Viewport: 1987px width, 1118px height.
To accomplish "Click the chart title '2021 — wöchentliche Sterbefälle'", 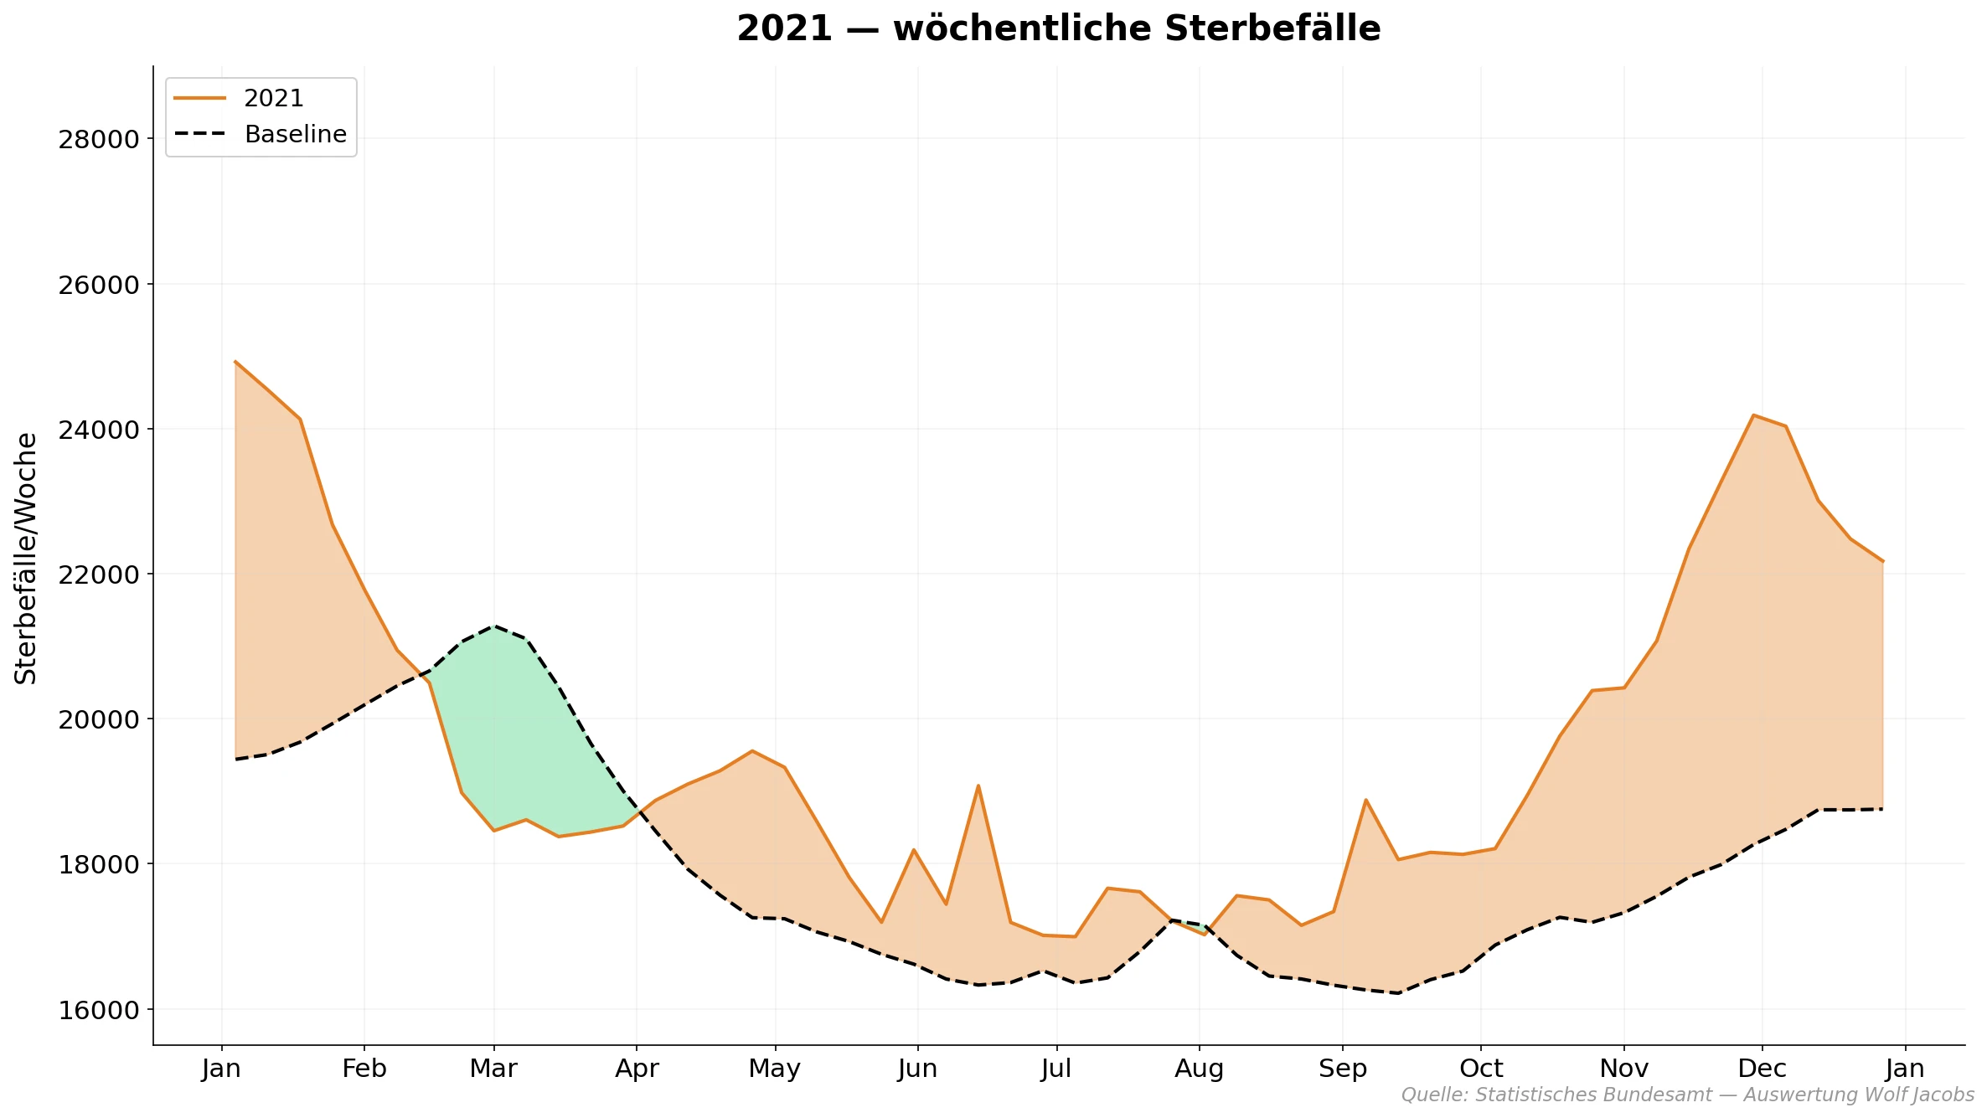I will (1058, 29).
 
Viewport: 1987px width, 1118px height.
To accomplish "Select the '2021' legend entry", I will (273, 99).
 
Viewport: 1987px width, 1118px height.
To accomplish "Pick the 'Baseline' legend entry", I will (295, 135).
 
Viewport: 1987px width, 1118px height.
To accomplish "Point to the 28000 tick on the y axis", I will (98, 139).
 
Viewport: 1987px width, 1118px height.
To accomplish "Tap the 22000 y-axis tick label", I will (98, 574).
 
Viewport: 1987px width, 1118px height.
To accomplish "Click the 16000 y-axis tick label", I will (98, 1010).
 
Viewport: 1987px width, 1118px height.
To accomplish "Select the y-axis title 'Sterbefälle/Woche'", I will (27, 559).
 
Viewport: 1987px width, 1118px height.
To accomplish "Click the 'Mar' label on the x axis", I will (493, 1069).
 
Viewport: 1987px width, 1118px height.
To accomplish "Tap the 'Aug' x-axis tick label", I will (1199, 1069).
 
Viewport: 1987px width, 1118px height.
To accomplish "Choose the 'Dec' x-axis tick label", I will (1762, 1069).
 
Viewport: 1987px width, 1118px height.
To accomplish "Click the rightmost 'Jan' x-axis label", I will (1905, 1069).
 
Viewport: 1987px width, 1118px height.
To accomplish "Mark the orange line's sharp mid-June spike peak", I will (978, 786).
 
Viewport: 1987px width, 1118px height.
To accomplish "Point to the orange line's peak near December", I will (1753, 415).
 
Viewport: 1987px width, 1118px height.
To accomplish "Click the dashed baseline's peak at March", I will (494, 626).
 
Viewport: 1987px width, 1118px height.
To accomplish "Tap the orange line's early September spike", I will (1365, 800).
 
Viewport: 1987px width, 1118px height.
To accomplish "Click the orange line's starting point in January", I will (235, 362).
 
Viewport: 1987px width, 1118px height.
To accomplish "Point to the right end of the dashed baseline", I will (1882, 809).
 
